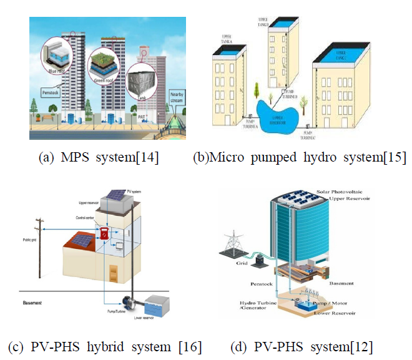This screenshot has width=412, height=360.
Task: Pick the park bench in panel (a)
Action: click(48, 116)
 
